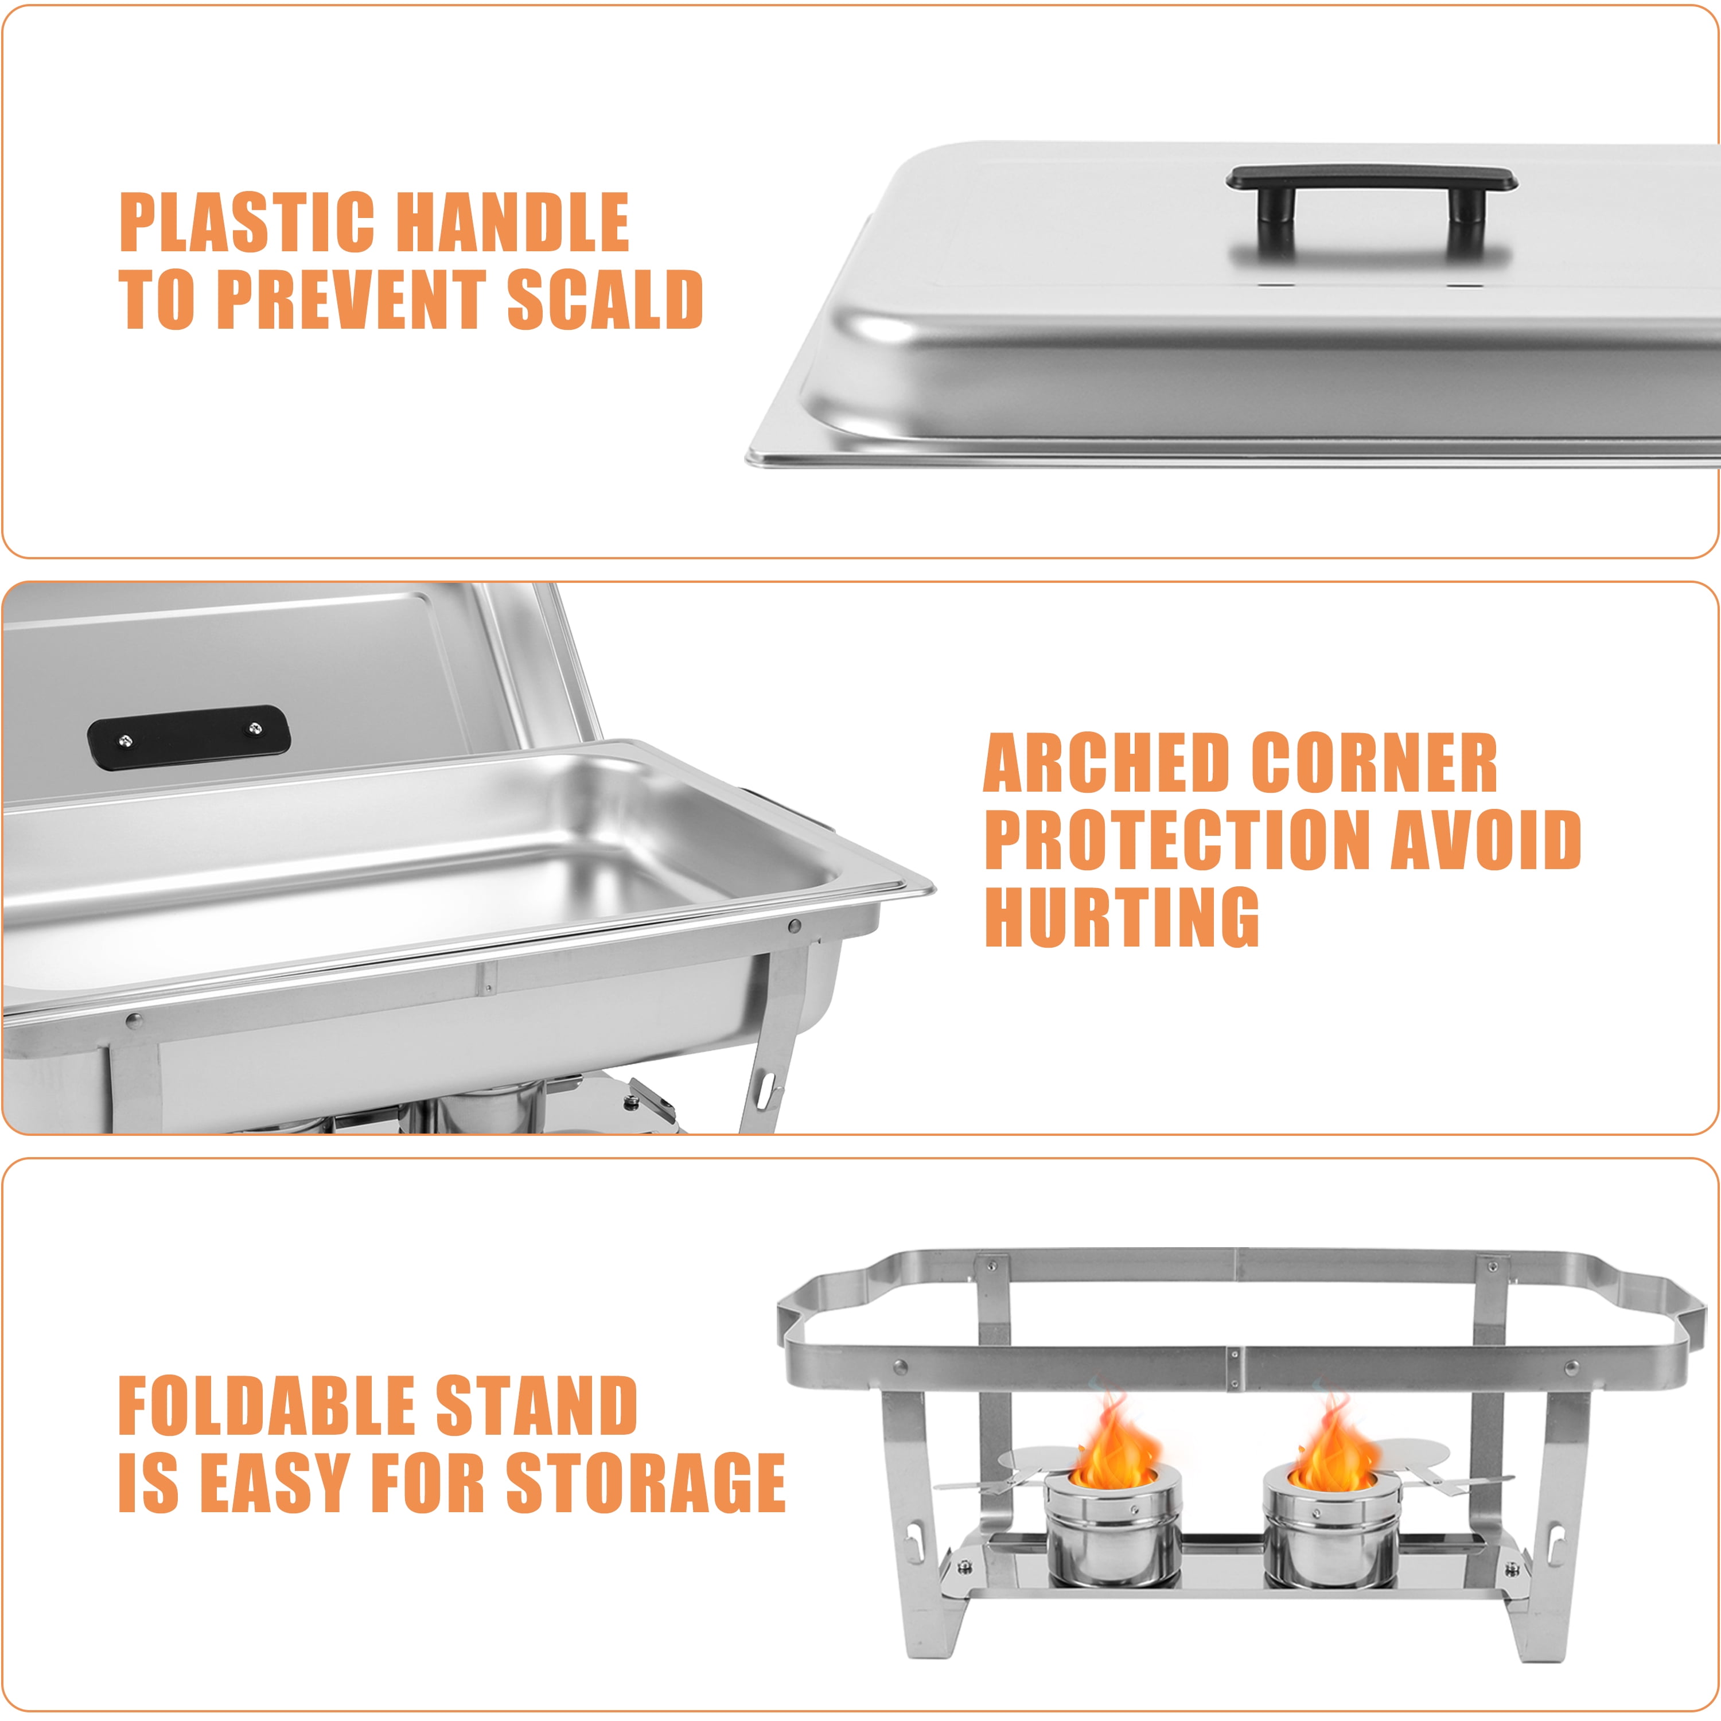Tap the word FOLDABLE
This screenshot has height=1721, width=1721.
pyautogui.click(x=266, y=1407)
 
